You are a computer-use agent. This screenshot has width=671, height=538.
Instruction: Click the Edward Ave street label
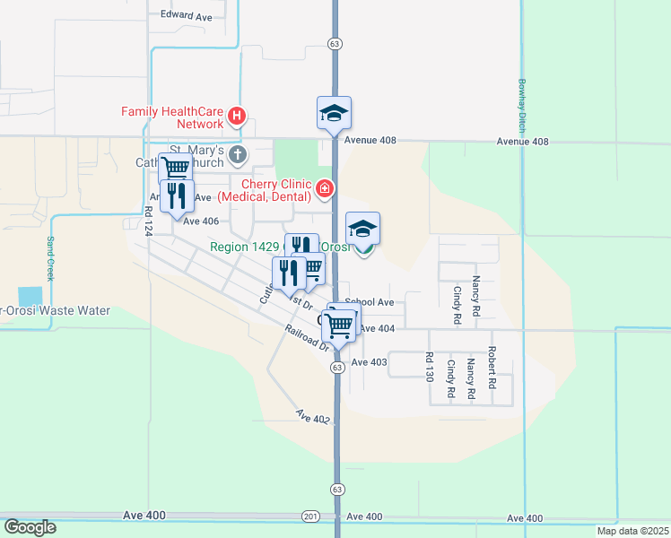coord(186,15)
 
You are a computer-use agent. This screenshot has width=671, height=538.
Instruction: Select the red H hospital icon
coord(237,115)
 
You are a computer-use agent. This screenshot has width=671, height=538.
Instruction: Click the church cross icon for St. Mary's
coord(238,155)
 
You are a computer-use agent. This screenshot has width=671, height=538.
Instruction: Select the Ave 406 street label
coord(201,221)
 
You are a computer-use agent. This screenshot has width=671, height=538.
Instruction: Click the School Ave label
coord(370,303)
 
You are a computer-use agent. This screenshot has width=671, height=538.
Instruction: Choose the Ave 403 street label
coord(369,362)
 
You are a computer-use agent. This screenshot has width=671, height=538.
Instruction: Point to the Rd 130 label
coord(429,368)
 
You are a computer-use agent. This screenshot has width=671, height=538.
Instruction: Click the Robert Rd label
coord(492,368)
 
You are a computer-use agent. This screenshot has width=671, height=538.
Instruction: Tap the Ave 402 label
coord(314,417)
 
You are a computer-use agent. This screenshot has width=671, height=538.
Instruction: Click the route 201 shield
coord(310,516)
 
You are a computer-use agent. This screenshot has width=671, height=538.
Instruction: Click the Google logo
coord(30,527)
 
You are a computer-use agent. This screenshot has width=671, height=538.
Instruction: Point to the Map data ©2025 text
coord(633,531)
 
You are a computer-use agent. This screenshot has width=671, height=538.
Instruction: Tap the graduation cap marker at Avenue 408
coord(334,114)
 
